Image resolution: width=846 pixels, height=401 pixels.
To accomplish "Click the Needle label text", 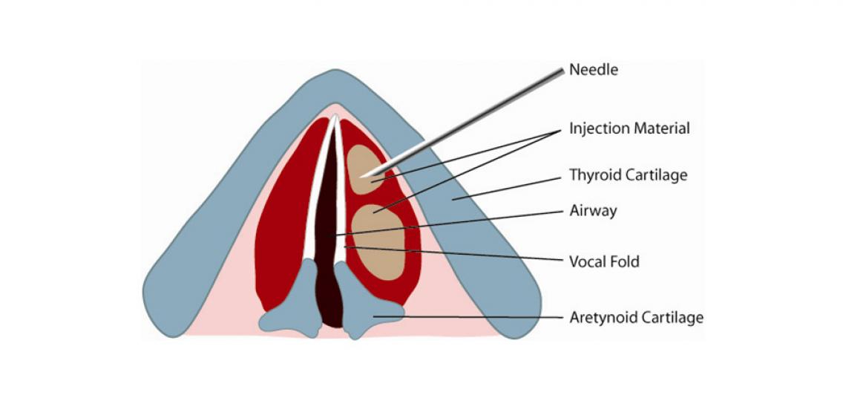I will point(593,71).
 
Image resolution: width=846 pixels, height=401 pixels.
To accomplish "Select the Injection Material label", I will point(629,128).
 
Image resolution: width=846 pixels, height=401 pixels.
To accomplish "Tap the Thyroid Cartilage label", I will point(628,175).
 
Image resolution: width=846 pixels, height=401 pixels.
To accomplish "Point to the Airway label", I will point(593,211).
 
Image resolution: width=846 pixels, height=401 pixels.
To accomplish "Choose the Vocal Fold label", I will point(604,261).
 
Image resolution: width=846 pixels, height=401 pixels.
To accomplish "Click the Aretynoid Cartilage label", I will point(636,318).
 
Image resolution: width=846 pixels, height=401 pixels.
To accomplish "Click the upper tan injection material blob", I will point(363,170).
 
